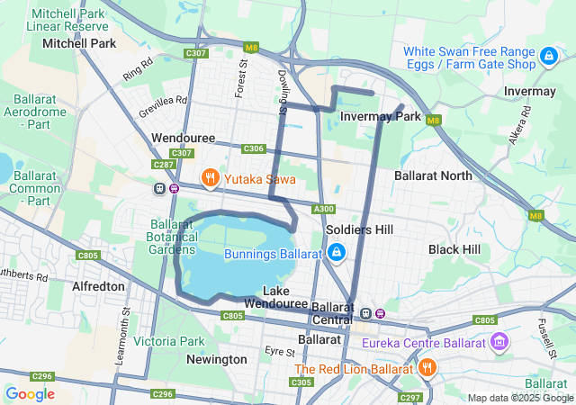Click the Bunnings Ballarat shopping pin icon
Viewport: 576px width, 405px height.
click(336, 254)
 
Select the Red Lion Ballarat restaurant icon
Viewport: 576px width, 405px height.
click(427, 368)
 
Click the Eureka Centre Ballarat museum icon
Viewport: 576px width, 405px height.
click(499, 341)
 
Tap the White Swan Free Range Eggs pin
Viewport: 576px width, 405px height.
click(548, 58)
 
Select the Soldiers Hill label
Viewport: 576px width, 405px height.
click(360, 230)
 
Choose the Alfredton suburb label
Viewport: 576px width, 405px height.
click(98, 285)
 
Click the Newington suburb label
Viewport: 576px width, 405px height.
click(216, 359)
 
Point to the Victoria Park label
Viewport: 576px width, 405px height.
click(169, 341)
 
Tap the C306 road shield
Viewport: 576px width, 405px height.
click(253, 148)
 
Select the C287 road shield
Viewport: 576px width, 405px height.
click(163, 165)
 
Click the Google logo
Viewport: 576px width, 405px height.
click(30, 393)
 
